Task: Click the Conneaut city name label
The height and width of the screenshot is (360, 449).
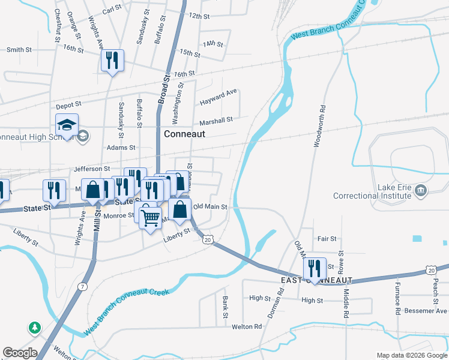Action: tap(184, 134)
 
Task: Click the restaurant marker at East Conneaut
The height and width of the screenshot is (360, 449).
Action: tap(315, 268)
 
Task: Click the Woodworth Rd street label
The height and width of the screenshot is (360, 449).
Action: tap(318, 127)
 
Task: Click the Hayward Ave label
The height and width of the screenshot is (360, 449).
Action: tap(218, 95)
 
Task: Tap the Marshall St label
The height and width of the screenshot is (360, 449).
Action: tap(216, 121)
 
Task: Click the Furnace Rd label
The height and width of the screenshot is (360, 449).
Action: tap(397, 293)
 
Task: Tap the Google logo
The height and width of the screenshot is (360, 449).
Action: tap(20, 353)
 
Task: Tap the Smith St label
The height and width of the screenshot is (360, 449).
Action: tap(19, 50)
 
